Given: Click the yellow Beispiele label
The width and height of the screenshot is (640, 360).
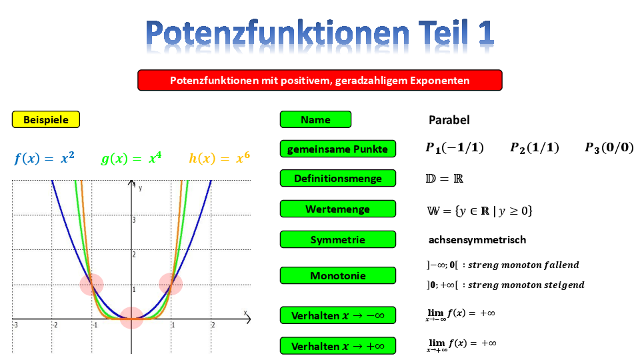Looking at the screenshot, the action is (46, 119).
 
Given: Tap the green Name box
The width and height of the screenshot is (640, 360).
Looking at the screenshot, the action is (315, 119).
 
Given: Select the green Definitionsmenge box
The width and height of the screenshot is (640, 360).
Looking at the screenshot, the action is (338, 179).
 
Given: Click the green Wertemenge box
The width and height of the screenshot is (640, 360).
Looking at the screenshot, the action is (338, 209).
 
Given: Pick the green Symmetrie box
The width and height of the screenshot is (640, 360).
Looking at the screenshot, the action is (338, 239).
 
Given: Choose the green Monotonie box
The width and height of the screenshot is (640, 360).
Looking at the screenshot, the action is (338, 275).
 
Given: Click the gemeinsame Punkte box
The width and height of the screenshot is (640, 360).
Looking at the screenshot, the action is (338, 149).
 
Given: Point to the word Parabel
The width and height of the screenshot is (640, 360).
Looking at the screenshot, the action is (449, 120).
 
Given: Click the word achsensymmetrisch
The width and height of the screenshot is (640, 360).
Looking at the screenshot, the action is (477, 239).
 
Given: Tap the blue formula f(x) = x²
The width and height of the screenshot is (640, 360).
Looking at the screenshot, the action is (44, 158).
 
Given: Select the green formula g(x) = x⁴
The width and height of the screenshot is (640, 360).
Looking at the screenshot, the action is (131, 158).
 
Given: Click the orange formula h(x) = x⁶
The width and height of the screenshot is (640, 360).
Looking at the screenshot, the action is (219, 158).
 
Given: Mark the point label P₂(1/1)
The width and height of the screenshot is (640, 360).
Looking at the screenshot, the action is (535, 147).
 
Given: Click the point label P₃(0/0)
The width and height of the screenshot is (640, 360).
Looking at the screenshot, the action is (609, 147).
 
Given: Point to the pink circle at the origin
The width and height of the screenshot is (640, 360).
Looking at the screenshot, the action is (131, 318).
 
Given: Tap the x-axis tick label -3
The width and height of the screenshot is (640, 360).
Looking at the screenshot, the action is (15, 325).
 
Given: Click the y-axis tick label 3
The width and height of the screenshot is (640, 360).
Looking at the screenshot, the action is (134, 220).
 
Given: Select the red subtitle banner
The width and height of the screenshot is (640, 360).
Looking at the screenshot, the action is (319, 80).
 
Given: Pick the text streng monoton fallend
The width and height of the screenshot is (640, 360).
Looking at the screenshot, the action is (524, 265).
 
